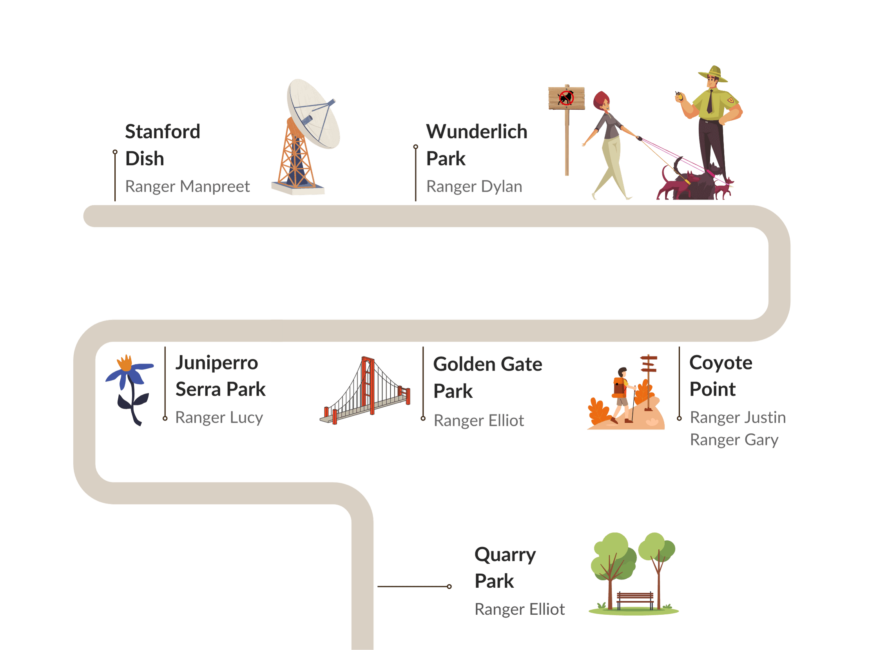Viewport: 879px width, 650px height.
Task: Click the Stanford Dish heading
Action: [x=163, y=145]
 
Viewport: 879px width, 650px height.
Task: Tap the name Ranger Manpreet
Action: [x=187, y=186]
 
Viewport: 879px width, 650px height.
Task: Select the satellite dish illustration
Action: [x=306, y=137]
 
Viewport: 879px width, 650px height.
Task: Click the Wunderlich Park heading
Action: [x=477, y=145]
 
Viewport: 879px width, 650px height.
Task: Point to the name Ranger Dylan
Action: [x=474, y=186]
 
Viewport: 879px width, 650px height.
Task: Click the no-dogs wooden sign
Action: [x=567, y=130]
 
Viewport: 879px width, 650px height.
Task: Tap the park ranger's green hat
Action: [x=713, y=74]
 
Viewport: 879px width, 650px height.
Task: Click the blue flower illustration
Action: [x=129, y=389]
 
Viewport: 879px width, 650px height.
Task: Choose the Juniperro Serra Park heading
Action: [x=220, y=376]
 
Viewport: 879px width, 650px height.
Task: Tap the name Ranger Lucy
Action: [x=219, y=417]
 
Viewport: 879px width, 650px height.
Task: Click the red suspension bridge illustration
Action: [x=365, y=390]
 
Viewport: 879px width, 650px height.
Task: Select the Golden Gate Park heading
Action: [x=488, y=377]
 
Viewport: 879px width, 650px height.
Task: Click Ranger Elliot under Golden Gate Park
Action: [x=479, y=421]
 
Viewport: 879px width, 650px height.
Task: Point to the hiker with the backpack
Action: [x=622, y=395]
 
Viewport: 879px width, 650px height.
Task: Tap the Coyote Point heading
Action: [x=721, y=376]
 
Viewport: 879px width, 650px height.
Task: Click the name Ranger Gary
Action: [x=734, y=440]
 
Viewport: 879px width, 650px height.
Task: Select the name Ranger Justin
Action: [x=738, y=417]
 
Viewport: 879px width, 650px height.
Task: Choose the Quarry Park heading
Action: [x=505, y=567]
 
